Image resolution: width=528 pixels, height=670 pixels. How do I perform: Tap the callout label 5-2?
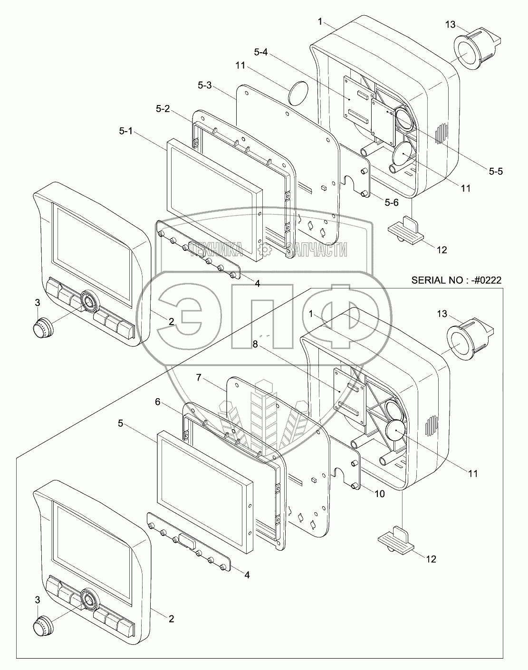(x=163, y=109)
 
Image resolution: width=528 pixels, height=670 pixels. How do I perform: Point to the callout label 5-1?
(x=126, y=132)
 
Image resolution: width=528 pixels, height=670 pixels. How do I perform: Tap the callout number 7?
(x=200, y=378)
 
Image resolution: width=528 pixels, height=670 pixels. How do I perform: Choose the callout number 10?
(x=379, y=494)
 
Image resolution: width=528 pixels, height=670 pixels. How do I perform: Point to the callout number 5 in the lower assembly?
(x=121, y=423)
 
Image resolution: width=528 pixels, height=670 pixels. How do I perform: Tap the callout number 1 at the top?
(x=321, y=22)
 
